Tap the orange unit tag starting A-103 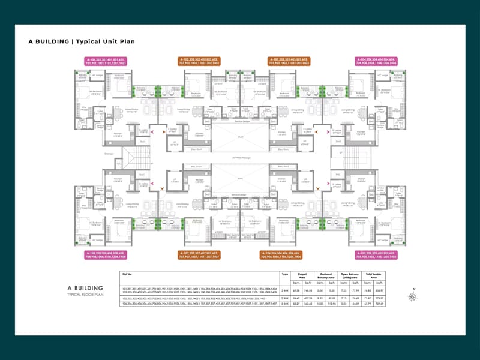tap(288, 60)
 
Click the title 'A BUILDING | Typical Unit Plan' tap(82, 42)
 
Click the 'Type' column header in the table tap(285, 274)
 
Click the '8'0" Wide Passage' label tap(240, 158)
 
